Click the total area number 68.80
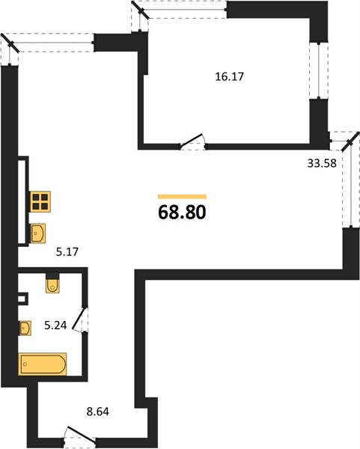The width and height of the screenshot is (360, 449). [182, 213]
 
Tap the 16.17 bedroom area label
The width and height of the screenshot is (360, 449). [230, 77]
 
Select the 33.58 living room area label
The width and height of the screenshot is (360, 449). [322, 163]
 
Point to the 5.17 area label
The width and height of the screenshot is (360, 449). [67, 252]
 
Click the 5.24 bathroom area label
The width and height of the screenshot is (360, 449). [55, 326]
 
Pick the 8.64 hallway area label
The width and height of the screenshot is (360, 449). [97, 412]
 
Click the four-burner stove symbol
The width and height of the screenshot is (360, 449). [40, 201]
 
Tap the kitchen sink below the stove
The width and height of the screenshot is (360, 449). [38, 233]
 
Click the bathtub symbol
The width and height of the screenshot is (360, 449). [43, 364]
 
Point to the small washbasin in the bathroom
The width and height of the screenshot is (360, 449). [25, 328]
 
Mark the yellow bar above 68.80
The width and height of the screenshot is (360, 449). [182, 196]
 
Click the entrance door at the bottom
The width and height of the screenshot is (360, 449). [80, 435]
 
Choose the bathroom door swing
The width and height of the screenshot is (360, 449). [79, 320]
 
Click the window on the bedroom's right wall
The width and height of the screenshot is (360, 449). [319, 70]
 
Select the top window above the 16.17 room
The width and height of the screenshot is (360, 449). [179, 10]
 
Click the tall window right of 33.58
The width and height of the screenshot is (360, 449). [351, 183]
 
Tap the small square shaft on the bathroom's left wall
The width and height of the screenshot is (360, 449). [23, 299]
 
